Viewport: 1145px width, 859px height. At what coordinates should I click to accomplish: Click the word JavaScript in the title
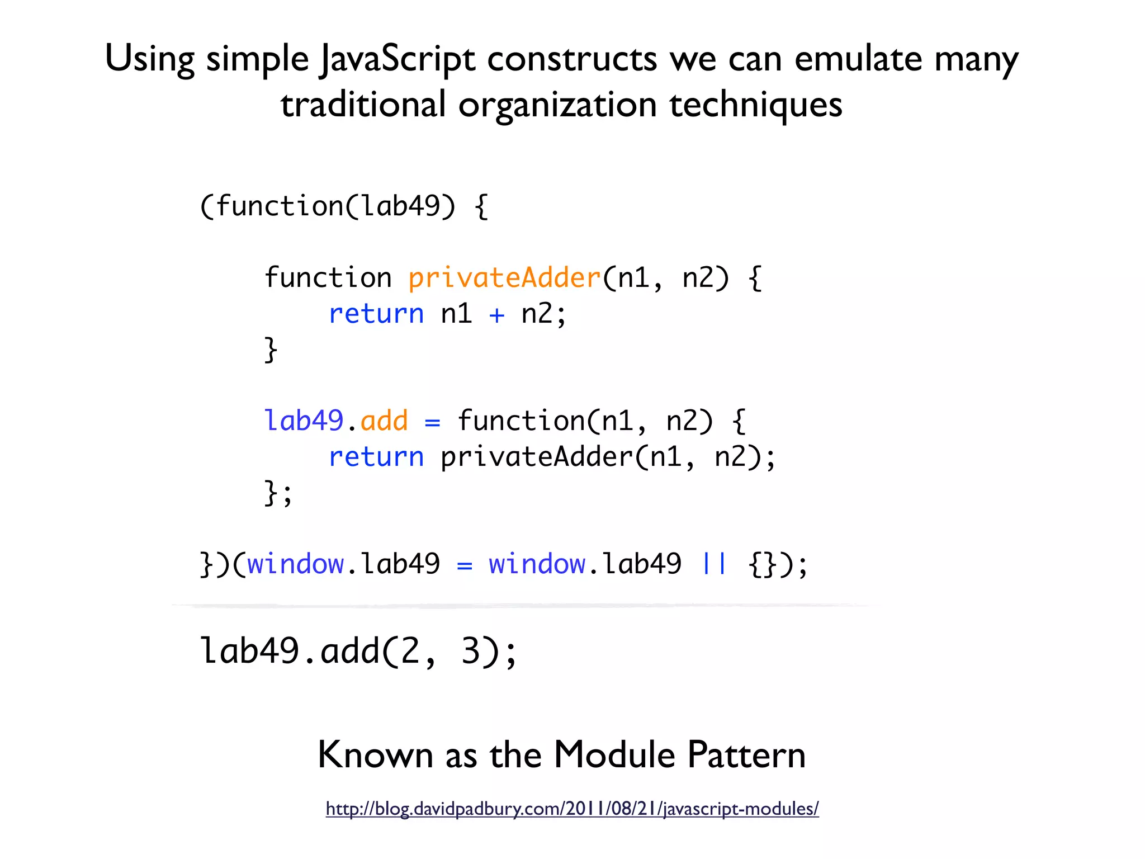398,59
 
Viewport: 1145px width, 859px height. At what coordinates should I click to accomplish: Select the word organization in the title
557,105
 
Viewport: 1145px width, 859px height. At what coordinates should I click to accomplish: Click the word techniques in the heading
755,105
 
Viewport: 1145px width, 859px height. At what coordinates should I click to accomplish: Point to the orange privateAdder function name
504,278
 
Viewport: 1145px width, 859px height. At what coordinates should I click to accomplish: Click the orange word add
384,421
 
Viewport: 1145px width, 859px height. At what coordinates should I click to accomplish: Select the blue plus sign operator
496,314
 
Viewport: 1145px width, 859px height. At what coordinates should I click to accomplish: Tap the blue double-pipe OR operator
714,563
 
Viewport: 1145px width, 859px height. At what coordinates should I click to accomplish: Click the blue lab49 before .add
304,421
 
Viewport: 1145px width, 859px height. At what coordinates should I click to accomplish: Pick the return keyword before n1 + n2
376,314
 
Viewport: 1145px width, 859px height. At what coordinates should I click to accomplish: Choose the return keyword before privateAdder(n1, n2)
376,457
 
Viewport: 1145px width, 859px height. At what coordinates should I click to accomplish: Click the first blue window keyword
295,564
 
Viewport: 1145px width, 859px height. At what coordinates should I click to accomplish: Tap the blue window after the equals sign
537,564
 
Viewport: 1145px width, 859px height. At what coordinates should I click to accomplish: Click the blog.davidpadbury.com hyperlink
572,809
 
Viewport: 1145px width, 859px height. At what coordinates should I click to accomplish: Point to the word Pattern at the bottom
746,755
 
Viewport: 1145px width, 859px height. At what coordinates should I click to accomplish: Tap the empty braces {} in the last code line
763,564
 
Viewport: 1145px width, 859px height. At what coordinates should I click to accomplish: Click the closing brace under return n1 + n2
271,350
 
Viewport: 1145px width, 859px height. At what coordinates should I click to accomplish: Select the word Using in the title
149,59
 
